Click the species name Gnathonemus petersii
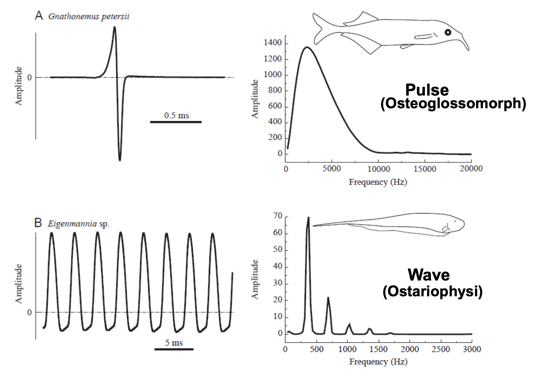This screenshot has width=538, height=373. tap(89, 16)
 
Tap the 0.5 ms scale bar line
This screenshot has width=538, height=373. tap(176, 122)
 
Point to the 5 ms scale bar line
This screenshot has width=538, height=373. tap(174, 349)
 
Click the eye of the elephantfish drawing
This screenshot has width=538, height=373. tap(448, 32)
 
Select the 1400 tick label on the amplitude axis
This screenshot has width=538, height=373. tap(273, 43)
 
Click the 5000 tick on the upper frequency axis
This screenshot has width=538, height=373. tap(332, 169)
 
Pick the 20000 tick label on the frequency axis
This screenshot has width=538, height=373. tap(471, 169)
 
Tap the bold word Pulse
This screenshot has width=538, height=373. tap(427, 90)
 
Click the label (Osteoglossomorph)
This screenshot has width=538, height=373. tap(453, 104)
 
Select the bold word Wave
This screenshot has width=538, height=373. tap(429, 275)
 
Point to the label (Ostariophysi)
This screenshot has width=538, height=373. tap(432, 291)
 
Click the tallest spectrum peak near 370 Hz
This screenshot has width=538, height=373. tap(308, 218)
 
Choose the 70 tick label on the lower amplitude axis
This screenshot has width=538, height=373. tap(278, 216)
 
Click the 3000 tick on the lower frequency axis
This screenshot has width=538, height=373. tap(472, 349)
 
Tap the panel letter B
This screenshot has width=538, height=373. tap(38, 223)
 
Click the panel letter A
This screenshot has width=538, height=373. tap(39, 15)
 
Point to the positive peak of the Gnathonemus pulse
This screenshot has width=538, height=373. tap(115, 27)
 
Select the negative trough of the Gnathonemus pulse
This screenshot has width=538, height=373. tap(120, 160)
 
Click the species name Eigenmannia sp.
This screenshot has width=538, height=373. tap(79, 224)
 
